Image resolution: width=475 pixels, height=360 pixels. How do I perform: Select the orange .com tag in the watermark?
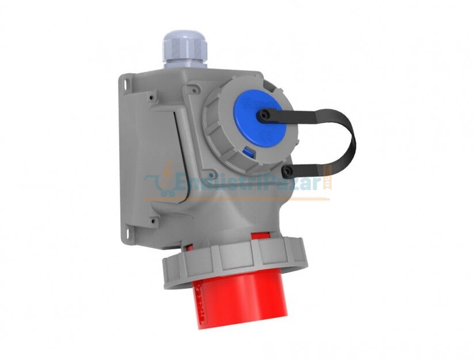[x=328, y=179]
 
